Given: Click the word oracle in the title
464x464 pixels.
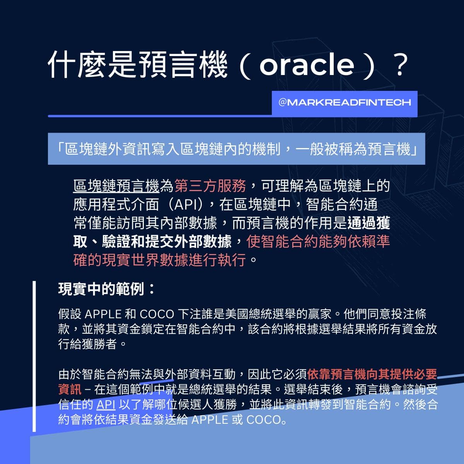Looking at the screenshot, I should click(x=307, y=65).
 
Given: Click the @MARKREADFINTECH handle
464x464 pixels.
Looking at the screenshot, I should click(x=345, y=102).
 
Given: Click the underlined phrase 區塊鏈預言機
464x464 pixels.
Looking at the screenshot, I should click(x=116, y=186).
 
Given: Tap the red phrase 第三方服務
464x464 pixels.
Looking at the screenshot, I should click(x=210, y=186).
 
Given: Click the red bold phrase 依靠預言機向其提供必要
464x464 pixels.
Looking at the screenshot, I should click(x=372, y=374).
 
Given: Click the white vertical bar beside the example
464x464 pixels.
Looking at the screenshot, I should click(x=34, y=356).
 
